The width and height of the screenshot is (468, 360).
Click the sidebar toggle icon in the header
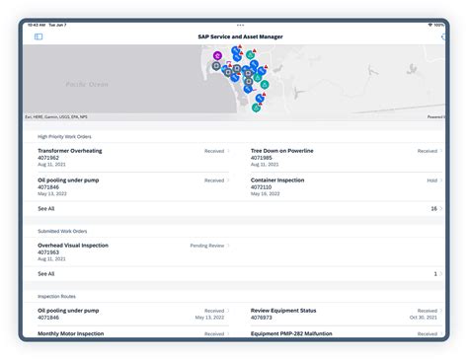coord(39,36)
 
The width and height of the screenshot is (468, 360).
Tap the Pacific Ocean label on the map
coord(89,85)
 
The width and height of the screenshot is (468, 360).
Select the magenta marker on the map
coord(217,55)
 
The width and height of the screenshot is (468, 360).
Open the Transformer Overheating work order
coord(70,151)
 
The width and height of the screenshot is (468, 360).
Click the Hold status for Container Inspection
coord(431,180)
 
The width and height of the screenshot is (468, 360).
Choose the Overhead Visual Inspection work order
coord(73,245)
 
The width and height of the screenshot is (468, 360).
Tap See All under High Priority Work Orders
coord(46,209)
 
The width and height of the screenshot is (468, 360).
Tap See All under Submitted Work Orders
coord(46,273)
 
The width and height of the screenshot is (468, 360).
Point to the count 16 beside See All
coord(433,209)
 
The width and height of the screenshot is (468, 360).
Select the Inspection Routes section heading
coord(57,296)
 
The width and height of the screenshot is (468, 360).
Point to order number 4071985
coord(262,157)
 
